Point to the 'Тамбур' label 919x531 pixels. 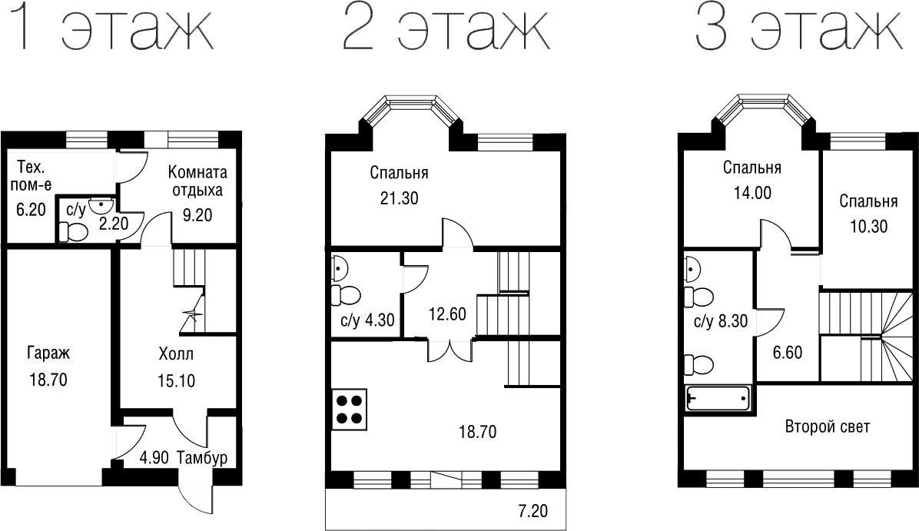[x=202, y=458]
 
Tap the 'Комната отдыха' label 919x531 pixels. [x=198, y=181]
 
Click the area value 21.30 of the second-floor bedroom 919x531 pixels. [x=399, y=198]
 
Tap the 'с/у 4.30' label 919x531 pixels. [x=367, y=320]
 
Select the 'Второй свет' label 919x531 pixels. [x=827, y=427]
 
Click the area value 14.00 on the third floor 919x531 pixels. [x=752, y=193]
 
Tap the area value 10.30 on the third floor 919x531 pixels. [x=868, y=227]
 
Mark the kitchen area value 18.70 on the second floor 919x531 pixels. [x=477, y=432]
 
